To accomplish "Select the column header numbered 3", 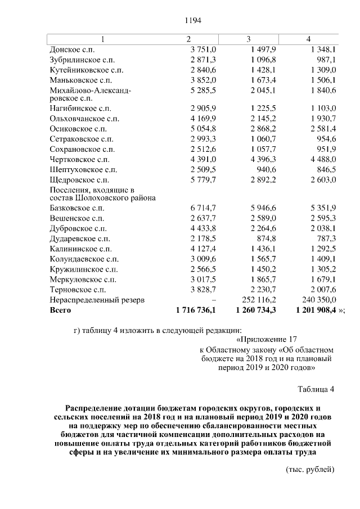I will [x=248, y=39].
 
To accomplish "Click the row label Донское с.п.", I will [x=74, y=50].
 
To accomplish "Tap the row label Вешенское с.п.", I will [x=77, y=218].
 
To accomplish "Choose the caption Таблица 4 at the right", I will [x=316, y=389].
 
